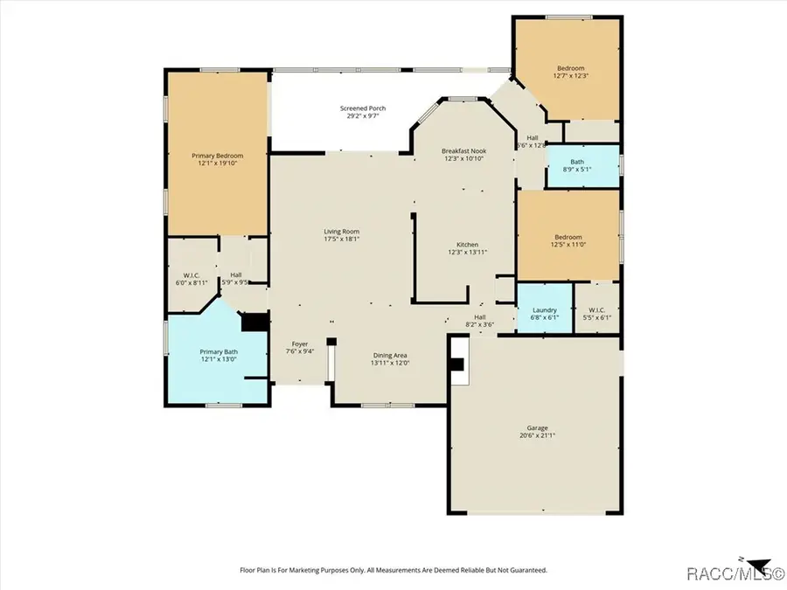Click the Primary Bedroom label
click(217, 156)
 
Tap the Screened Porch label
click(363, 108)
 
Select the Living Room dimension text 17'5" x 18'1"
click(341, 239)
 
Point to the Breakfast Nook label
click(463, 151)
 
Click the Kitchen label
click(467, 245)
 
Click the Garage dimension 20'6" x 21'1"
click(536, 435)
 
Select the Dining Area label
click(390, 355)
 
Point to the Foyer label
click(300, 344)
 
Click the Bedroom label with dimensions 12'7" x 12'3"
click(570, 68)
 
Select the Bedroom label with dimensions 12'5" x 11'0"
click(568, 237)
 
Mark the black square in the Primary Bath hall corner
click(254, 323)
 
